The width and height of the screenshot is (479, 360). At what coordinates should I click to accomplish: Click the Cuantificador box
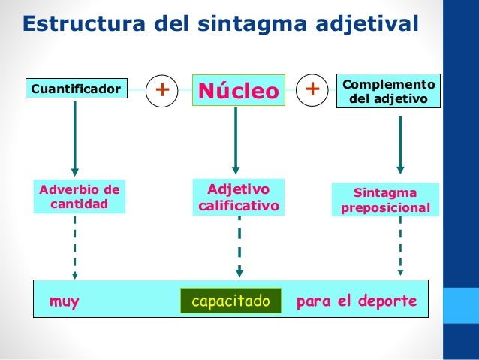tap(75, 89)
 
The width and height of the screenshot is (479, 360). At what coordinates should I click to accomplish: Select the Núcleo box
tap(238, 91)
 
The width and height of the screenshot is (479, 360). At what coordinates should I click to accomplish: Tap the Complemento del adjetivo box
tap(388, 91)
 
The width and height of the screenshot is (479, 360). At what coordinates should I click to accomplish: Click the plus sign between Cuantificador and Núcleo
tap(161, 90)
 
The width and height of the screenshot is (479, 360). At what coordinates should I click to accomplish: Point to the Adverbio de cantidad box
tap(79, 196)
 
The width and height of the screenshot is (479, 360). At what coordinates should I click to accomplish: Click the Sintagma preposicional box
tap(386, 199)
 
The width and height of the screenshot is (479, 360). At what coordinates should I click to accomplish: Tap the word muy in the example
tap(65, 302)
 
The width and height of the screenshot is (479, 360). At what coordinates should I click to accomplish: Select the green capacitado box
tap(230, 301)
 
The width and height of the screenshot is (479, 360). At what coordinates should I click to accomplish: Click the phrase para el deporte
tap(357, 302)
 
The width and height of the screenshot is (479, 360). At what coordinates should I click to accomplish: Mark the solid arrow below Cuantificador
tap(74, 138)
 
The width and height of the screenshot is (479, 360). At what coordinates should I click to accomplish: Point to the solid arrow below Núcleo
tap(236, 138)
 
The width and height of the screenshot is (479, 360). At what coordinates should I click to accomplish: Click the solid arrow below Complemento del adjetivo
tap(399, 140)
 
